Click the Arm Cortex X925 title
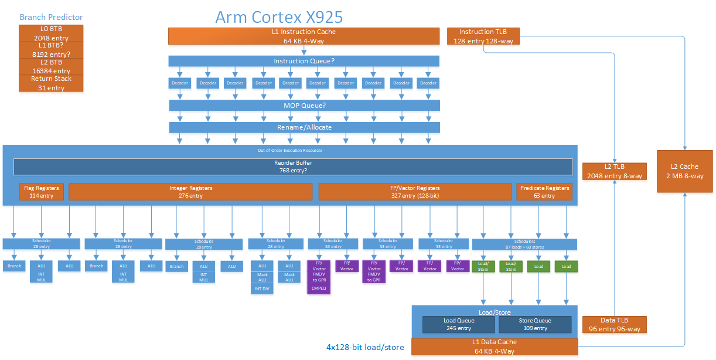point(279,16)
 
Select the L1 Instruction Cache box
point(304,36)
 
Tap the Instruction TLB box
point(483,36)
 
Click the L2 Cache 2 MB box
point(685,171)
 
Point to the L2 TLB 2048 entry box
point(614,171)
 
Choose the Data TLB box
point(614,324)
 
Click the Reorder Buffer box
point(293,167)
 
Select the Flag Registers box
point(42,192)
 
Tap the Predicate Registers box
point(544,192)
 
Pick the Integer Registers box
point(190,192)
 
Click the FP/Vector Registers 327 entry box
point(415,192)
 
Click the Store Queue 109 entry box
point(535,324)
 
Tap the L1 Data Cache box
point(495,347)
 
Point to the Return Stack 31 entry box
point(52,83)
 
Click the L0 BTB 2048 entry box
point(52,33)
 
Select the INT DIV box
point(262,288)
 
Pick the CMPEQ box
point(319,288)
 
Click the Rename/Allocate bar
point(304,127)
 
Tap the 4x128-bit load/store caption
point(365,347)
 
